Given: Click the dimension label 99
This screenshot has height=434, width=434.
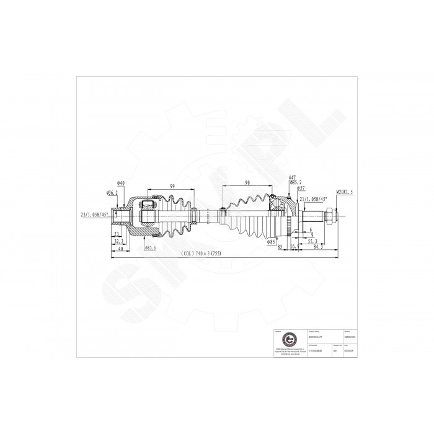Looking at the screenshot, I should click(172, 186).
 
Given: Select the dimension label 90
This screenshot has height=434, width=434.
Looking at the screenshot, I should click(247, 184).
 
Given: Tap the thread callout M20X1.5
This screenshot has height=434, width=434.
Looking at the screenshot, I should click(345, 193).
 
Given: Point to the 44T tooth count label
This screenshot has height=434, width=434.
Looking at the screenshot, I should click(291, 179).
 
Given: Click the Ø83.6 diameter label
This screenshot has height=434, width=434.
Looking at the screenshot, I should click(150, 248).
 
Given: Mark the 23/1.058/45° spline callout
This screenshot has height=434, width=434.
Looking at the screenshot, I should click(94, 214).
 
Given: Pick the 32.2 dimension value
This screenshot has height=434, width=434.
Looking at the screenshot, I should click(118, 241).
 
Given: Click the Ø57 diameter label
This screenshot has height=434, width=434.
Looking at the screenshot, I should click(300, 188).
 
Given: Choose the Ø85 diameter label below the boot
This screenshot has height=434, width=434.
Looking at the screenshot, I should click(271, 242).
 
